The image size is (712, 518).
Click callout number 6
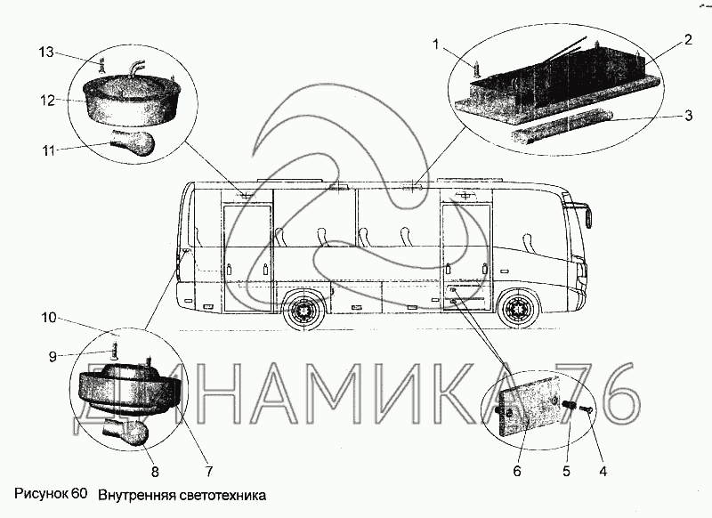coord(516,471)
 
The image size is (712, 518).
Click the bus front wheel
coord(518,310)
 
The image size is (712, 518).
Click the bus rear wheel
coord(303,312)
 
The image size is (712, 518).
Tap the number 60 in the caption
coord(79,494)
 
